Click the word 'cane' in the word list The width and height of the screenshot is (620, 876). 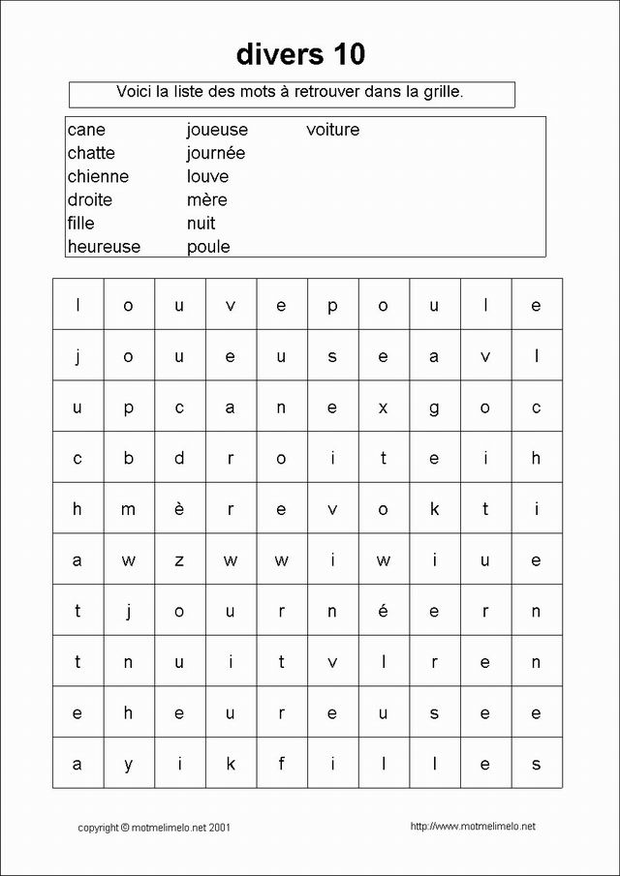tap(86, 130)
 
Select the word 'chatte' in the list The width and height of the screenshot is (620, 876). tap(91, 153)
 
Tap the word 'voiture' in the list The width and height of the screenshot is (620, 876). tap(332, 130)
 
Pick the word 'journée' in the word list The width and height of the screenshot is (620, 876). tap(216, 153)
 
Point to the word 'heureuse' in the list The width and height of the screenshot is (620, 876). tap(104, 247)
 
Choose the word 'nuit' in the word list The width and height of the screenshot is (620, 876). tap(201, 224)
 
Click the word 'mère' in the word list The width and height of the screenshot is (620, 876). tap(206, 200)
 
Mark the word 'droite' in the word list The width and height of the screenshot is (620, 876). tap(90, 200)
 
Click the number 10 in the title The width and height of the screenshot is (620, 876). tap(345, 54)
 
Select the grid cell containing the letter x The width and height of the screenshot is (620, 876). tap(383, 408)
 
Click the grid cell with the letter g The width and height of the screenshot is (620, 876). tap(434, 408)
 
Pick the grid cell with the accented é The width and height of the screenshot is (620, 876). tap(383, 611)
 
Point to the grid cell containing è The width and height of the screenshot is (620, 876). tap(179, 509)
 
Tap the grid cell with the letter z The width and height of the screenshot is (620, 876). tap(179, 560)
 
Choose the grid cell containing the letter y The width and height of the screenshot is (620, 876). tap(128, 764)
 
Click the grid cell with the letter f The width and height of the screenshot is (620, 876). tap(281, 764)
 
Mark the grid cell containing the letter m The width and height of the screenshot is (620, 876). tap(128, 509)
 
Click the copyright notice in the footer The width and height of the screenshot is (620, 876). tap(154, 828)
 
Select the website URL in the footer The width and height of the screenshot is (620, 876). tap(473, 827)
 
